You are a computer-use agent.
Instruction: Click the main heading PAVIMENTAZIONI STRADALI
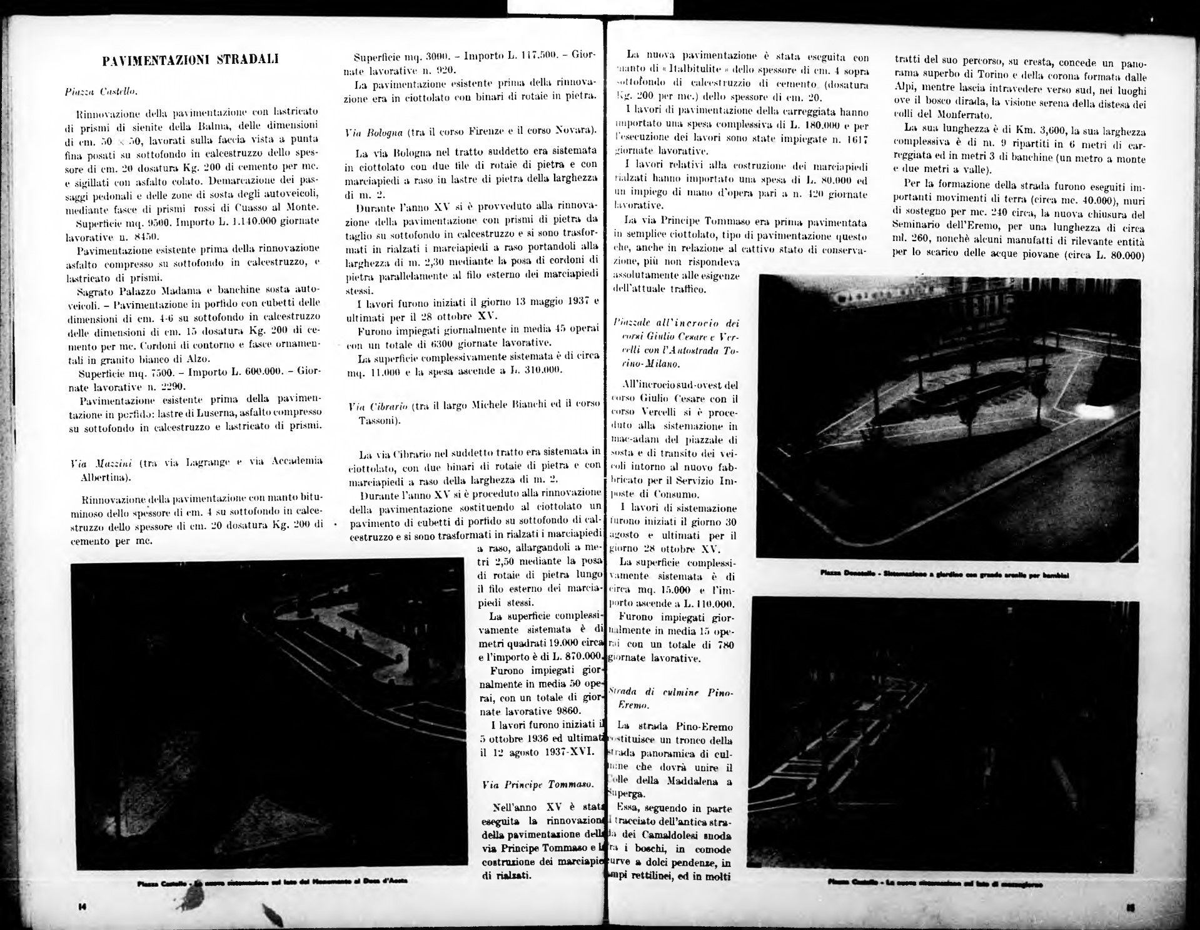(190, 60)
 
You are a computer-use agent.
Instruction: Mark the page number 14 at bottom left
(82, 907)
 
